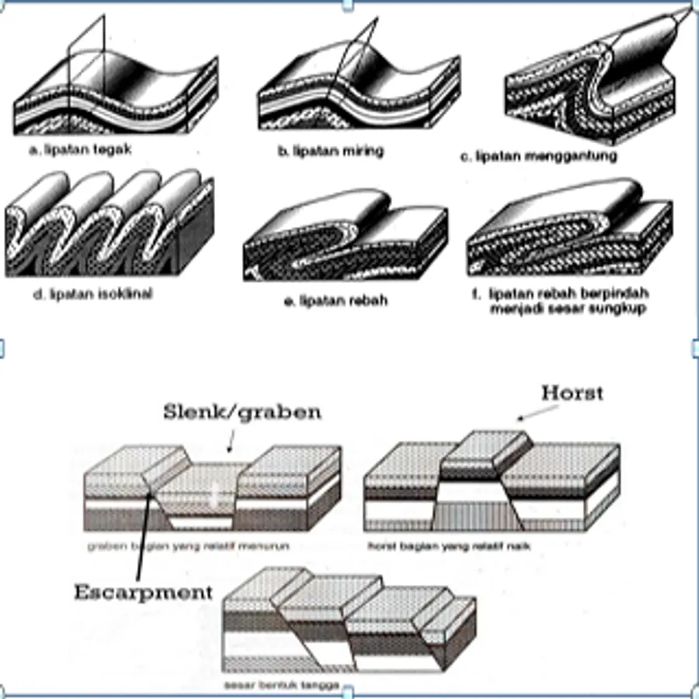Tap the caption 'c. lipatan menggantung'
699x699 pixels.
coord(538,156)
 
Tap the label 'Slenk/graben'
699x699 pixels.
coord(242,412)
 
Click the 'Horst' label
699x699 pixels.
coord(572,393)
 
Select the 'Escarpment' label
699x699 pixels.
coord(143,593)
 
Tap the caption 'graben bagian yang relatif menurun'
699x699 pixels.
coord(188,546)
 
